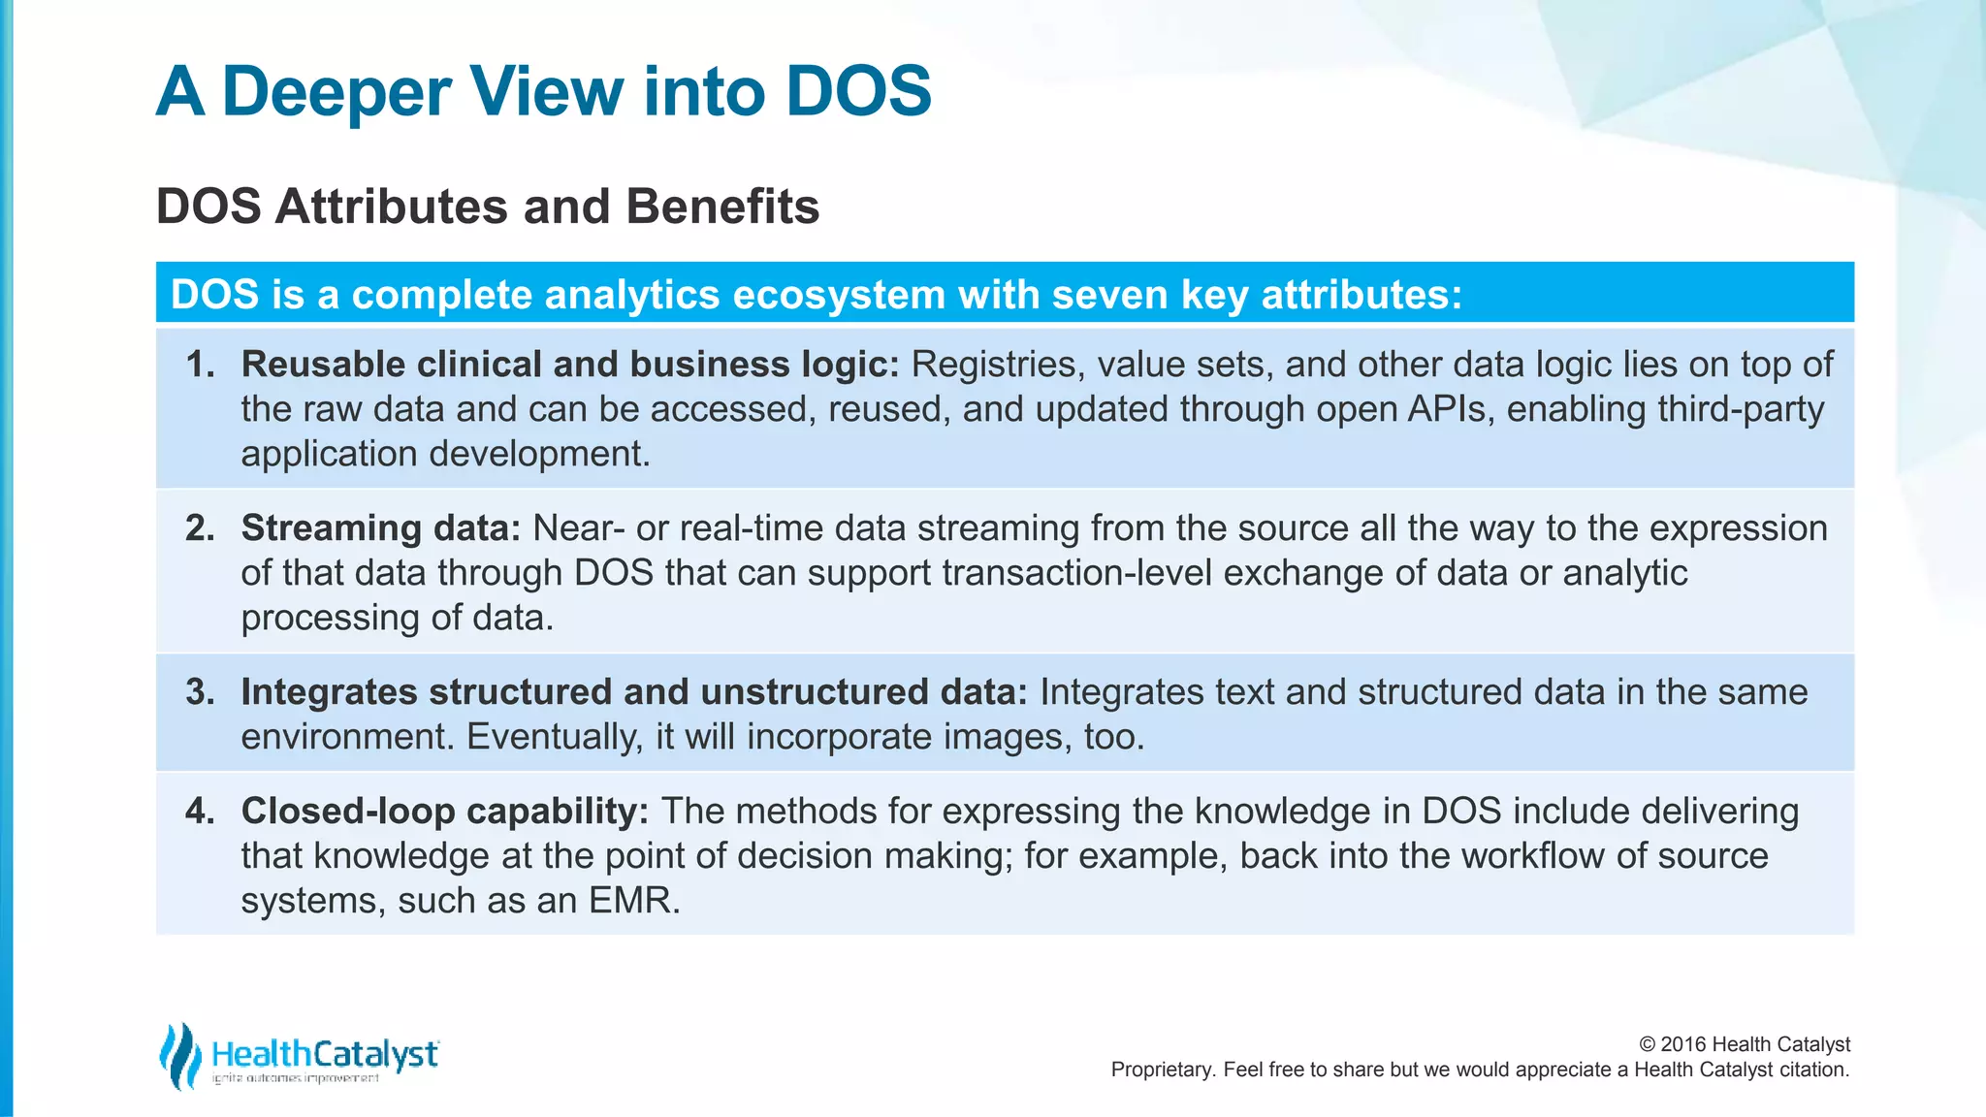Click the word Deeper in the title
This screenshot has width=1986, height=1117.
[x=336, y=92]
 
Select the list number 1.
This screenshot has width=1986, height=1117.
[x=200, y=365]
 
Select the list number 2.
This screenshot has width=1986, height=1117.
[x=200, y=528]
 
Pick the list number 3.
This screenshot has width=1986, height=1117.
[x=200, y=692]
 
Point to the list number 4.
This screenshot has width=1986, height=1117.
[x=200, y=812]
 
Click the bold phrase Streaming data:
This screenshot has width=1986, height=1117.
[x=381, y=528]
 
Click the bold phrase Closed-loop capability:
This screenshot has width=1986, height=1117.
[x=444, y=812]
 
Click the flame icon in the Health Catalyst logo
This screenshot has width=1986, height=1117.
[x=180, y=1055]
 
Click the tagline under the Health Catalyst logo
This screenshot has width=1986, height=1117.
[x=296, y=1079]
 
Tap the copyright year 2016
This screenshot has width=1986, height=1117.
[x=1683, y=1044]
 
